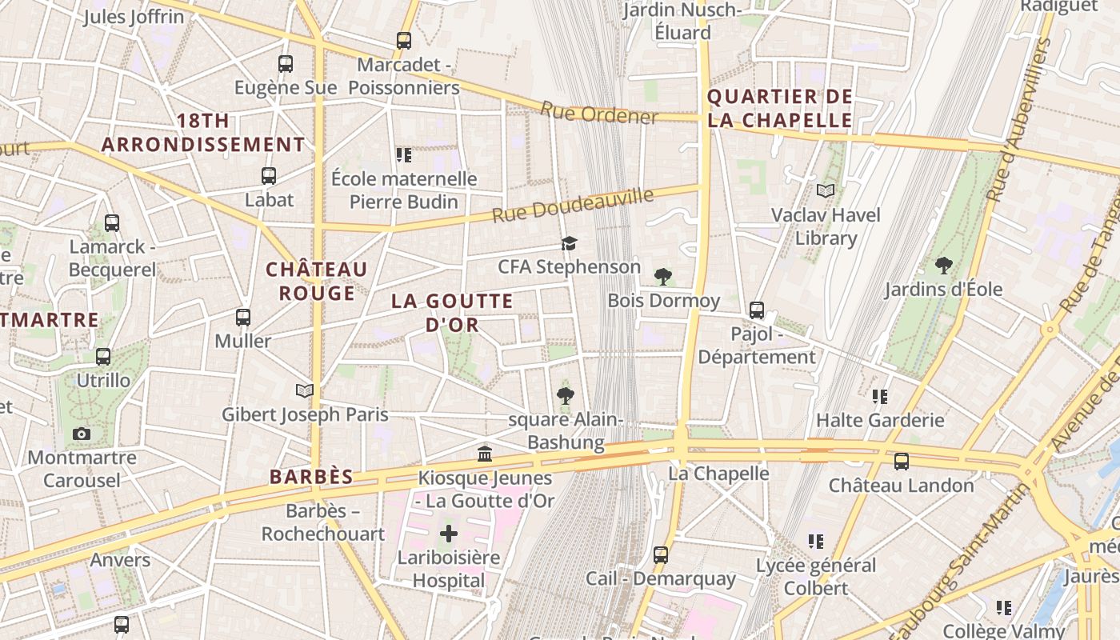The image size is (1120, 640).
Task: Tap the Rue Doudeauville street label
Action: pyautogui.click(x=572, y=206)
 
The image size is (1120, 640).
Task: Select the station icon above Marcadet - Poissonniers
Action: pyautogui.click(x=404, y=40)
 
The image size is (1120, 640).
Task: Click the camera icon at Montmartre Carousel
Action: pyautogui.click(x=81, y=434)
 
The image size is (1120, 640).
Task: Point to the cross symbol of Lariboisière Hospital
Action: pyautogui.click(x=449, y=533)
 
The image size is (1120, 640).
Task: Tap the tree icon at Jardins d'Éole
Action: pyautogui.click(x=943, y=265)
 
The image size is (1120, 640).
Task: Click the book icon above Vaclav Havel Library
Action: pyautogui.click(x=825, y=190)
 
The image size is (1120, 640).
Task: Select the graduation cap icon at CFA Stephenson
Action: pyautogui.click(x=569, y=242)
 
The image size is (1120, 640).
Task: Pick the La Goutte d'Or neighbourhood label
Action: pyautogui.click(x=452, y=313)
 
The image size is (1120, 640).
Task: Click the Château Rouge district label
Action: pyautogui.click(x=317, y=281)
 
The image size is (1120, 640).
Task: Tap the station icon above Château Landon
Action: pyautogui.click(x=902, y=461)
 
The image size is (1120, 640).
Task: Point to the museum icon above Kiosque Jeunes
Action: pyautogui.click(x=485, y=454)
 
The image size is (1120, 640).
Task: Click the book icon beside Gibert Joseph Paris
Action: pyautogui.click(x=304, y=390)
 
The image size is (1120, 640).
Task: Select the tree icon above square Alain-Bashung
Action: pyautogui.click(x=566, y=395)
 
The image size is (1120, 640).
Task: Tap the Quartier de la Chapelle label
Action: pyautogui.click(x=780, y=109)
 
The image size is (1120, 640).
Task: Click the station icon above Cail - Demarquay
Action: pyautogui.click(x=660, y=554)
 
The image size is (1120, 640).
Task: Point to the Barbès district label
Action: pyautogui.click(x=311, y=477)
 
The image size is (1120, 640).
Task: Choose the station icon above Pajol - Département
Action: pyautogui.click(x=756, y=310)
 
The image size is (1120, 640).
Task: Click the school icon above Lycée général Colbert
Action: pyautogui.click(x=815, y=542)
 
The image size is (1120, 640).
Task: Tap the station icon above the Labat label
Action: pyautogui.click(x=269, y=175)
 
